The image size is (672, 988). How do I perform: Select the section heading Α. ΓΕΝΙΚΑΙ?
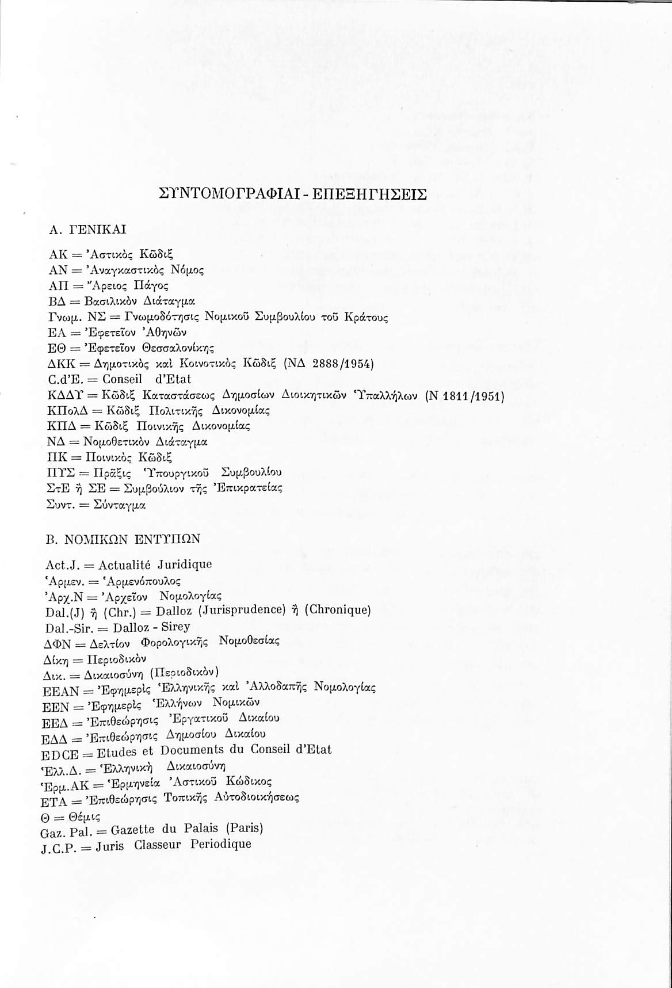[x=87, y=229]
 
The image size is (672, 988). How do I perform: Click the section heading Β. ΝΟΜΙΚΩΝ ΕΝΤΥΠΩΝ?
[x=123, y=539]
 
